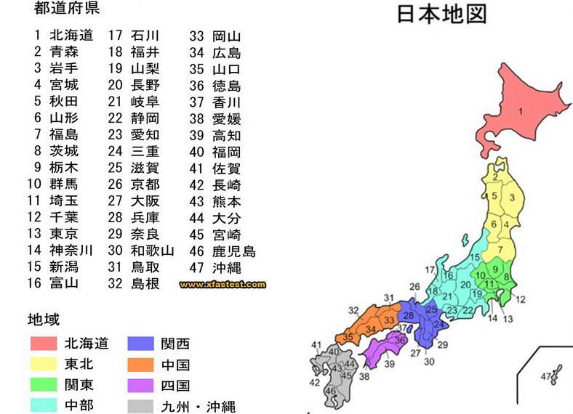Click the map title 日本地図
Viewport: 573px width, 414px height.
point(441,15)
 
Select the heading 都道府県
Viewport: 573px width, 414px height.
point(67,9)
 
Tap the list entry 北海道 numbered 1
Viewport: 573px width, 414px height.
point(71,35)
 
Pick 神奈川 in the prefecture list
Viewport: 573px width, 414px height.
point(71,250)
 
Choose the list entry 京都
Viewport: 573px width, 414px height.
point(145,184)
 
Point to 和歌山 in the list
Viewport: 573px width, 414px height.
point(152,251)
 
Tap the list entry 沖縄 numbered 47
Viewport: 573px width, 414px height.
point(226,267)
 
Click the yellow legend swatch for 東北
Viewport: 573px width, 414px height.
point(43,364)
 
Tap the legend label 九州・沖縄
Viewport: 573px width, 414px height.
point(199,407)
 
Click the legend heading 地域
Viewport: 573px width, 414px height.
point(44,320)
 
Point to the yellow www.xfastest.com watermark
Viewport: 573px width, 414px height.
point(223,284)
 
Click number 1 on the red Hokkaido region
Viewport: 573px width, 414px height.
point(521,111)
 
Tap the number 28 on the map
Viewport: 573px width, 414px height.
point(408,315)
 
